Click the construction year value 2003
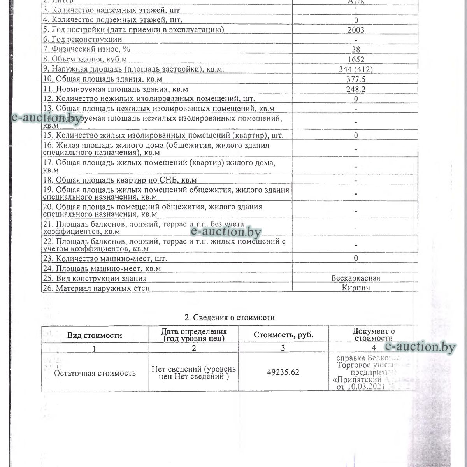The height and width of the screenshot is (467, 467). (356, 30)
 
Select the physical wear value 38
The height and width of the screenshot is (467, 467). (356, 49)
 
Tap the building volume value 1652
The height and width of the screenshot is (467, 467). (356, 60)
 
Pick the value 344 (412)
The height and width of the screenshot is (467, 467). (356, 69)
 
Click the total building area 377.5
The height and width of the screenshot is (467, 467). (356, 79)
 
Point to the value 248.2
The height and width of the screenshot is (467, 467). (356, 89)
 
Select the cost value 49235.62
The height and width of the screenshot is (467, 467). (283, 372)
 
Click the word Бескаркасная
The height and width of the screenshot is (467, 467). (356, 278)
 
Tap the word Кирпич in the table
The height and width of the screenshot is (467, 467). (356, 288)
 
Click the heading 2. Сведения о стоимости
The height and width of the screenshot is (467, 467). (230, 318)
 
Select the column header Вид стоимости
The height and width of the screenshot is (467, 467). (95, 335)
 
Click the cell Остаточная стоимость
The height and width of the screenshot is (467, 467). (95, 373)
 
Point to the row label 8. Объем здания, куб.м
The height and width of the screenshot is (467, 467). (85, 59)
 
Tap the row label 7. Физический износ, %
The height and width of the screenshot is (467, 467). (86, 49)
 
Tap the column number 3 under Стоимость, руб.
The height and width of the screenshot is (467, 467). (283, 348)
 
